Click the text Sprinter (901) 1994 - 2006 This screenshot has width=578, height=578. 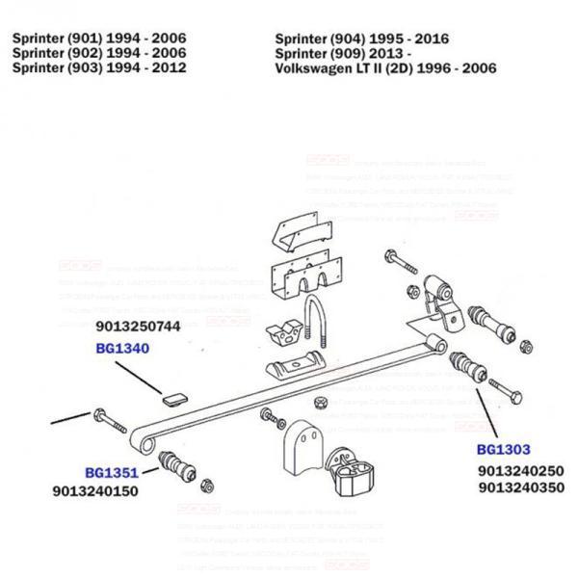click(x=99, y=38)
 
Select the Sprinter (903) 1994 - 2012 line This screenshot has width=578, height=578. click(x=99, y=67)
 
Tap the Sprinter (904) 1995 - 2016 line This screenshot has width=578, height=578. click(x=361, y=38)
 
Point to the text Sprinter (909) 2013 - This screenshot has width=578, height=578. click(x=343, y=53)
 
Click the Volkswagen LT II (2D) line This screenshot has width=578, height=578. click(x=385, y=67)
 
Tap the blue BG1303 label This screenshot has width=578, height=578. click(x=503, y=449)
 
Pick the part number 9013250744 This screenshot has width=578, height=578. click(x=139, y=327)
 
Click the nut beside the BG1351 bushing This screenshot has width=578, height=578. click(x=205, y=483)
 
